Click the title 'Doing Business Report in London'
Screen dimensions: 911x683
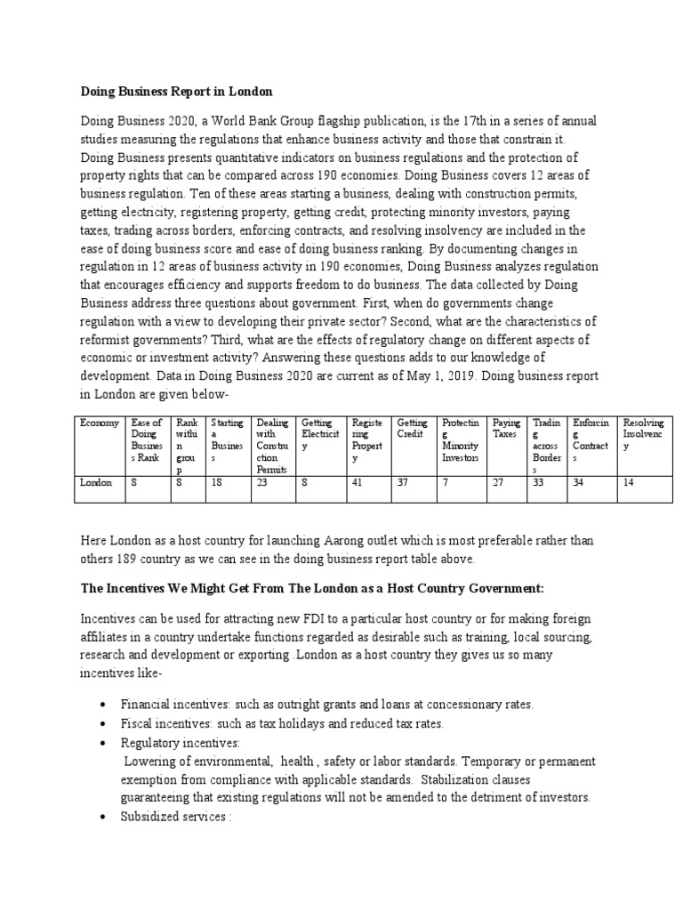click(177, 91)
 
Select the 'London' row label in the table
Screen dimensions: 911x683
click(96, 482)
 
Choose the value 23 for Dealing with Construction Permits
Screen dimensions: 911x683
click(262, 482)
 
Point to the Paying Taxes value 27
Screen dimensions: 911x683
click(499, 482)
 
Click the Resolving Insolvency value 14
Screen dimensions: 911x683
click(630, 482)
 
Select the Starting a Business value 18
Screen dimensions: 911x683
click(216, 482)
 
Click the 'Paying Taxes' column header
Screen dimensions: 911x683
click(506, 429)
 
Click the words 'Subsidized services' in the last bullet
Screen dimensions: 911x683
click(173, 816)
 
